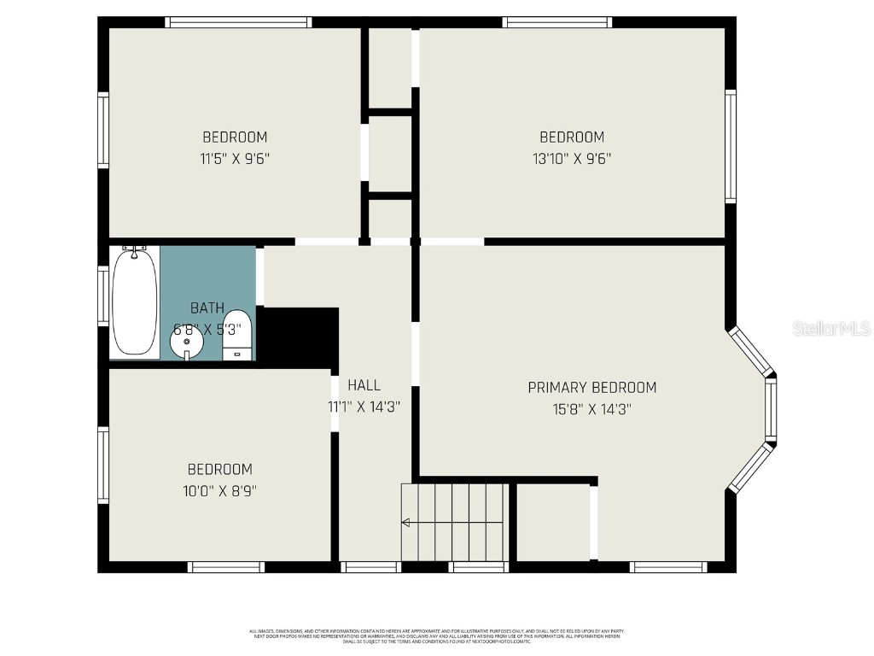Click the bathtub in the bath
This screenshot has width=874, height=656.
135,302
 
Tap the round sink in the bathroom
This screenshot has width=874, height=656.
186,343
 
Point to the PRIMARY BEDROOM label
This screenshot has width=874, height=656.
591,388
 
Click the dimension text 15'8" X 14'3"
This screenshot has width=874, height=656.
591,409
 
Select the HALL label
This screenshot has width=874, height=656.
364,385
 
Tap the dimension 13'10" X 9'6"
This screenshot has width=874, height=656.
572,158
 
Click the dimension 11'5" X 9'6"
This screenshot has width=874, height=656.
235,158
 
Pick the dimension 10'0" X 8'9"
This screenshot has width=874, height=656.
220,490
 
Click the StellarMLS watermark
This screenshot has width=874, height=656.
830,328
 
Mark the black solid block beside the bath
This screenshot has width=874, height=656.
298,337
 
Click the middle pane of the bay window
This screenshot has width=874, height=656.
770,410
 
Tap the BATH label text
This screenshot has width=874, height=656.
207,308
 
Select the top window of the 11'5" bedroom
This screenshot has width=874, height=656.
238,22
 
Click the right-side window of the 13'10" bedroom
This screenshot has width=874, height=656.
731,146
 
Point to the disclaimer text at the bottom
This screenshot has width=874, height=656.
436,635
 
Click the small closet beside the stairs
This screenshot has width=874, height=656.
552,522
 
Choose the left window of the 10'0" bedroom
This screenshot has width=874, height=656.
103,465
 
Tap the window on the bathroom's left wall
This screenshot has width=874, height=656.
103,296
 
